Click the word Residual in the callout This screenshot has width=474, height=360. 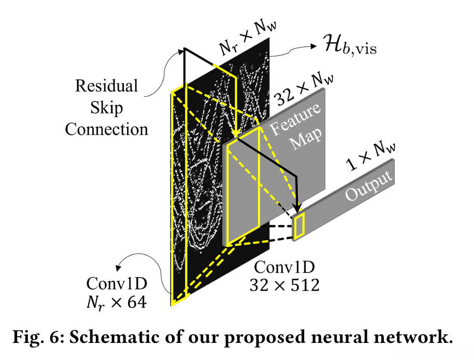pyautogui.click(x=106, y=85)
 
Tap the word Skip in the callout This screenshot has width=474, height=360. pyautogui.click(x=107, y=108)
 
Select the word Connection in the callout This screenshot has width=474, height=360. pyautogui.click(x=107, y=129)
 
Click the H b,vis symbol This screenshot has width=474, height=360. pyautogui.click(x=350, y=46)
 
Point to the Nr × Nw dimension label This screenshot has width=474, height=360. pyautogui.click(x=248, y=37)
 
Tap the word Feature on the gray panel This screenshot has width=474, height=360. pyautogui.click(x=295, y=119)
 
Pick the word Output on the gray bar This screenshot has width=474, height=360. pyautogui.click(x=369, y=185)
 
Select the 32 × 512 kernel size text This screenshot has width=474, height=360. pyautogui.click(x=284, y=285)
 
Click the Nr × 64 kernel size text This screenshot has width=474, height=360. pyautogui.click(x=117, y=301)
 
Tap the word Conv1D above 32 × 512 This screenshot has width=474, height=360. pyautogui.click(x=284, y=267)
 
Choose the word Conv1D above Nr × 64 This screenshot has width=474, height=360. pyautogui.click(x=117, y=283)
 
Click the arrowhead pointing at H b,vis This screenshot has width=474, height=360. pyautogui.click(x=313, y=46)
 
